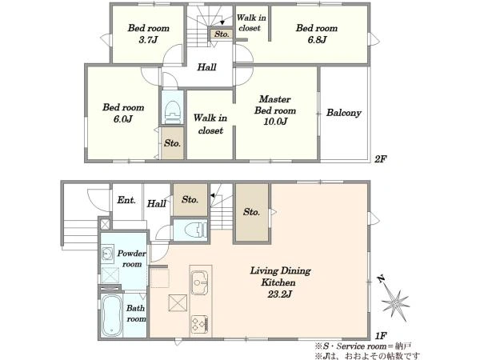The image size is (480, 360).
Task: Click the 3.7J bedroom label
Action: tap(149, 34)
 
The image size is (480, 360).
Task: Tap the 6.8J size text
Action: tap(317, 40)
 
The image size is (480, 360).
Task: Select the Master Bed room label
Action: tap(275, 105)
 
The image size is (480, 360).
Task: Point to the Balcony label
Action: tap(343, 113)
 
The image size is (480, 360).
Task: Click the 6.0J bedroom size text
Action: tap(123, 118)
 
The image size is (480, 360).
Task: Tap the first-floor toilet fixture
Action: tap(196, 230)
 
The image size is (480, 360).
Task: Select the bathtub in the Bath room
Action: tap(111, 315)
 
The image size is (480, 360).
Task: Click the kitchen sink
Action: tap(199, 282)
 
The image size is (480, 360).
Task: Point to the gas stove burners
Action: tap(200, 324)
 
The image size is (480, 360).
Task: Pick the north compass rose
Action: tap(394, 299)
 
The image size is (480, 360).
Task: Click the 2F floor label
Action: tap(381, 159)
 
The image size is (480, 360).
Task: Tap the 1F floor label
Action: tap(381, 336)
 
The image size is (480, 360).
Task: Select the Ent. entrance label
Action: tap(126, 200)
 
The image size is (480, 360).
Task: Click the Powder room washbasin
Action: tap(107, 253)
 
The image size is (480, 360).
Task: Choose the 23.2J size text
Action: tap(280, 294)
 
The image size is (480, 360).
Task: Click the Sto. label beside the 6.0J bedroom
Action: tap(172, 143)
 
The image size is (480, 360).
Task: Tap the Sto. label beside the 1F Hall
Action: tap(190, 199)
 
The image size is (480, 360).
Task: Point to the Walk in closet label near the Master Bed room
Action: tap(210, 124)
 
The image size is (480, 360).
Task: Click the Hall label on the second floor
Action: tap(206, 66)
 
